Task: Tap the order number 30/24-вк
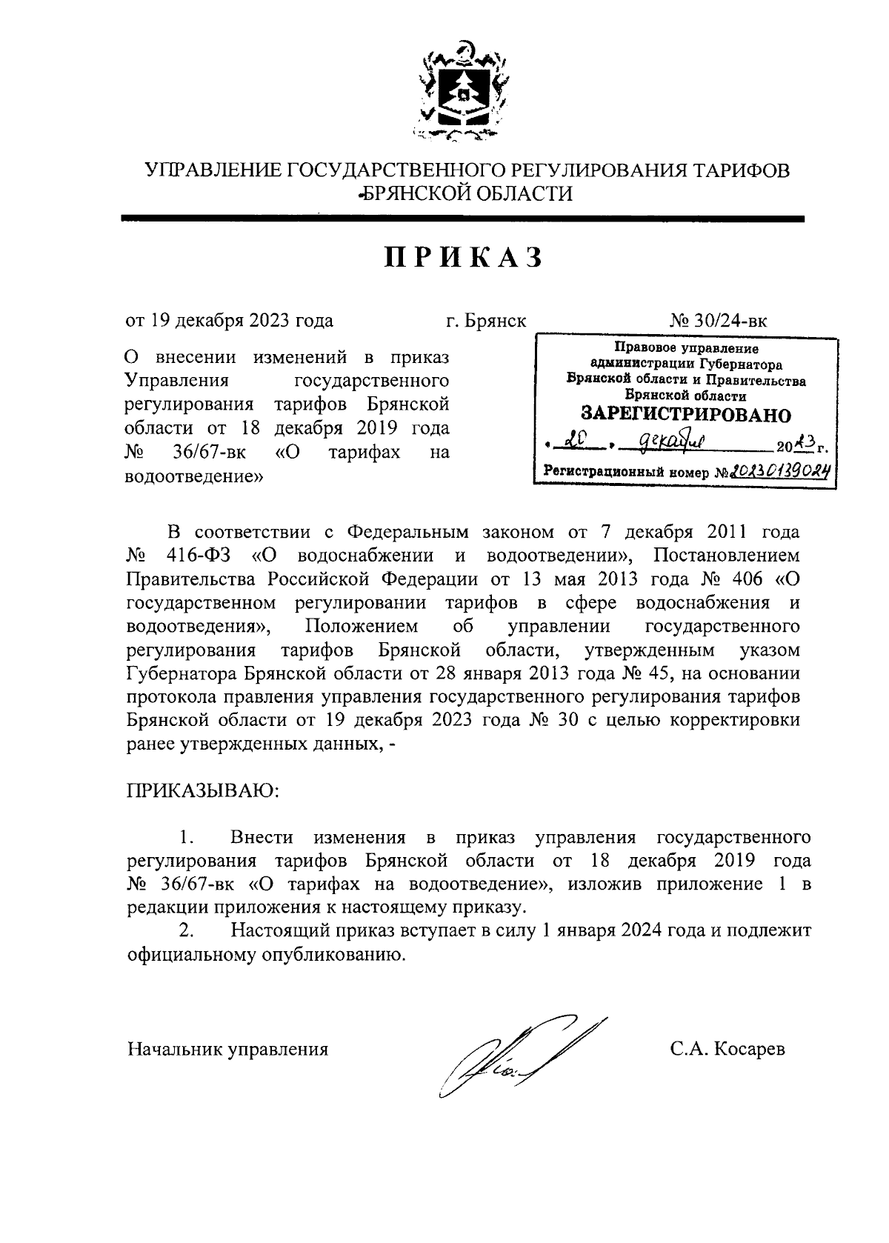coord(730,321)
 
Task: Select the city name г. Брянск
coord(486,321)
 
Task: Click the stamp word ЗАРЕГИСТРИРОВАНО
coord(685,414)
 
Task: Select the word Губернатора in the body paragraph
coord(182,674)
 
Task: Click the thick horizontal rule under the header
coord(463,219)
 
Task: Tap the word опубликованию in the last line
coord(336,955)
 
